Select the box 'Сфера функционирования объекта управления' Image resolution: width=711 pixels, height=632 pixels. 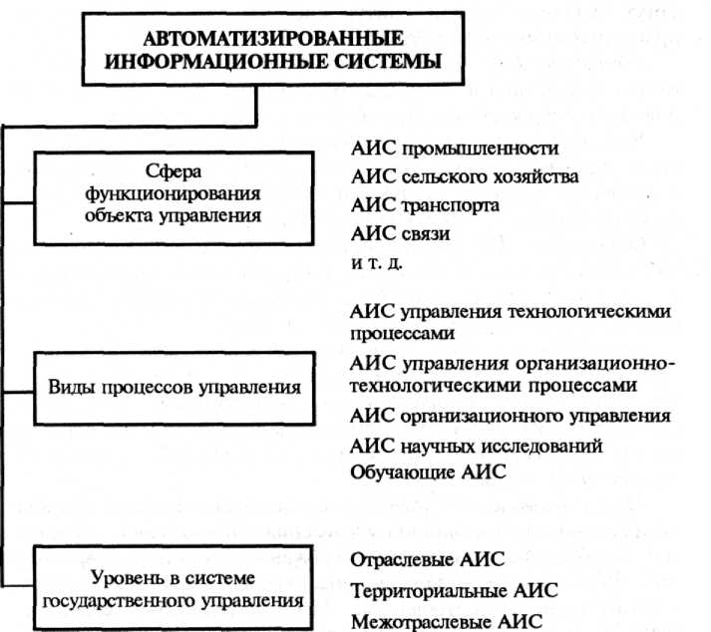[174, 197]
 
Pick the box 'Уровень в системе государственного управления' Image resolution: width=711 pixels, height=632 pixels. [174, 588]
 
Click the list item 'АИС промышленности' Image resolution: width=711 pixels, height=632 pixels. [454, 150]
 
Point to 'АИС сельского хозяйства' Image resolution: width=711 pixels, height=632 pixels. [465, 177]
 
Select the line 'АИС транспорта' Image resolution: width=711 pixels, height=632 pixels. [425, 206]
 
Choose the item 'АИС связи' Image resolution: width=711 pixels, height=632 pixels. [400, 234]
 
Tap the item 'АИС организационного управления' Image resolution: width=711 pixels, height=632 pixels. [511, 416]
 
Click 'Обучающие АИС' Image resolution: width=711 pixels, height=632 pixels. [429, 473]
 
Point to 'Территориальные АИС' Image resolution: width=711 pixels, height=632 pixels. [454, 591]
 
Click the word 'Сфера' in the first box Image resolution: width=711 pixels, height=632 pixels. [174, 170]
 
